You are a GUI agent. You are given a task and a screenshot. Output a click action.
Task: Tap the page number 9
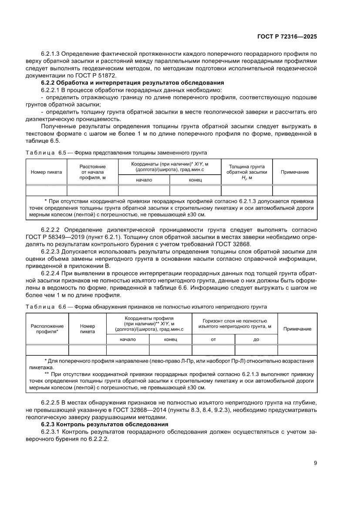click(315, 463)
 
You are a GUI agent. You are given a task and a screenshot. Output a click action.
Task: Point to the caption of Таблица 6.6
click(146, 307)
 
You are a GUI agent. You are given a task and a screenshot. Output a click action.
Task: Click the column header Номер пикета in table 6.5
click(46, 172)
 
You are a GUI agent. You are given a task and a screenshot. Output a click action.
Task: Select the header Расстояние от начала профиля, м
click(92, 172)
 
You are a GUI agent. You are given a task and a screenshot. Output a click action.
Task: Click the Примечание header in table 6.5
click(295, 172)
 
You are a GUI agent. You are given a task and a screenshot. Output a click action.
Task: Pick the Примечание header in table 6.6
click(297, 329)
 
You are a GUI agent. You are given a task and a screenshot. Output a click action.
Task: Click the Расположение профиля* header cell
click(47, 329)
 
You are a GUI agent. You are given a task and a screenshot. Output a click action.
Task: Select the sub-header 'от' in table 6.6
click(213, 340)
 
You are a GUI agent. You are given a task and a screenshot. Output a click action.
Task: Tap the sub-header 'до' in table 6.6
click(256, 340)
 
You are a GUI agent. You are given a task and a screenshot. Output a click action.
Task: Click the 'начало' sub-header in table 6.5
click(144, 180)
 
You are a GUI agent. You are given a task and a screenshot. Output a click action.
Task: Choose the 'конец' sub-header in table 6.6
click(170, 340)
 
